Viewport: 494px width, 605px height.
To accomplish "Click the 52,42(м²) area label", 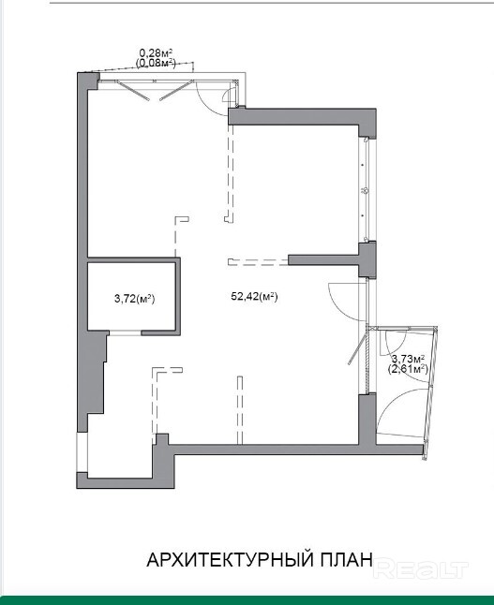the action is (255, 297).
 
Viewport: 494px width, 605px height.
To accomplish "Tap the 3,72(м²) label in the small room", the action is (134, 298).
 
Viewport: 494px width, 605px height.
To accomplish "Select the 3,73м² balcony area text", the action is (409, 359).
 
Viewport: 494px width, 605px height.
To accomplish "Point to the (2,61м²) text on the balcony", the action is (408, 369).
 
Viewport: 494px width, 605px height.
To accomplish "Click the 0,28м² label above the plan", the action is (156, 52).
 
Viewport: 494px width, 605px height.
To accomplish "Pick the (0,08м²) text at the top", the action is (156, 63).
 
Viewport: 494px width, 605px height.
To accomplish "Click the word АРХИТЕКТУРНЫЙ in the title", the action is (231, 560).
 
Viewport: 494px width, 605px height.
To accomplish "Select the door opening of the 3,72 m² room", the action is (125, 333).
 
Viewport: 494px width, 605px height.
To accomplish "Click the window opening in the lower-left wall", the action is (82, 452).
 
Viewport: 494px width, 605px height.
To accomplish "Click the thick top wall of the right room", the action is (302, 116).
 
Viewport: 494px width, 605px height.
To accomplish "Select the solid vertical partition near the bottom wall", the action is (240, 409).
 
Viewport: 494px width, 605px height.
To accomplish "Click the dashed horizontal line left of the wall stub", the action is (258, 262).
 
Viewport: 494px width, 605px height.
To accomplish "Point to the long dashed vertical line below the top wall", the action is (231, 173).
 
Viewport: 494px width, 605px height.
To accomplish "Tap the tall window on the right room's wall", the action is (365, 190).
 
